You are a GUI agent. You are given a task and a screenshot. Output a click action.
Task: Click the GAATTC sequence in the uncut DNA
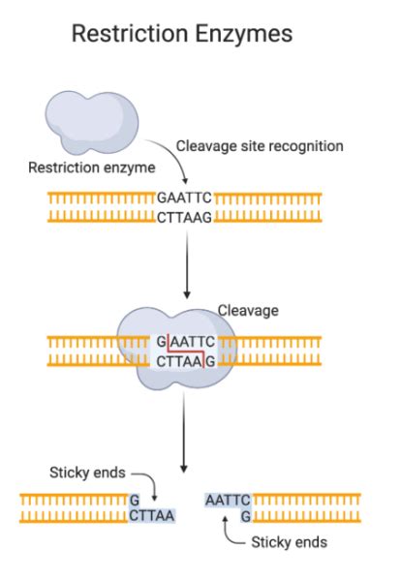(184, 199)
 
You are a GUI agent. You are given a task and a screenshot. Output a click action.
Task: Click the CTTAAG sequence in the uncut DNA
(184, 217)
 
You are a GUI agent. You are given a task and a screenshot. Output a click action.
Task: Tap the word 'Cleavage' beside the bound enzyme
(248, 311)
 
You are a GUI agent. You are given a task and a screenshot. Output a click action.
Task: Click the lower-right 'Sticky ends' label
(289, 542)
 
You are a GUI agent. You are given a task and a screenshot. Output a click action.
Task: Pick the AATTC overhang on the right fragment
(228, 500)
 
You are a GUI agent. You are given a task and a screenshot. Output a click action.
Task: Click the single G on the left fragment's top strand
(135, 500)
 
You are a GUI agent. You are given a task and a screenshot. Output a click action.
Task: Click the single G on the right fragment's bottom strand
(246, 516)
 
